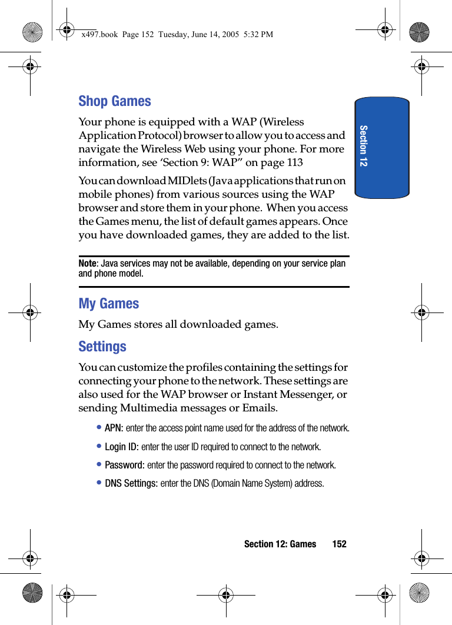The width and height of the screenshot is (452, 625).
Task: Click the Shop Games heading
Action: pos(115,101)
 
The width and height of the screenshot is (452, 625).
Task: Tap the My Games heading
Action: pos(109,304)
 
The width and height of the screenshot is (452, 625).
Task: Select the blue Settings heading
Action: pos(102,347)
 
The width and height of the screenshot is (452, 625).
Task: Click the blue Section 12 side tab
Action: pos(381,147)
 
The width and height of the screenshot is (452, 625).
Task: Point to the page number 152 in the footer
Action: pos(339,544)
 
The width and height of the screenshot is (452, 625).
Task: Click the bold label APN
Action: pos(114,428)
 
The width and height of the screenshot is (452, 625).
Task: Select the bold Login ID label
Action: pos(121,447)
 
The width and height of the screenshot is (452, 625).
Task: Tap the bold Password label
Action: pos(124,465)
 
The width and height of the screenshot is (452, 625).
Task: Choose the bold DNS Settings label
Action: pos(131,483)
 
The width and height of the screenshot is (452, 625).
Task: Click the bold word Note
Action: pos(87,263)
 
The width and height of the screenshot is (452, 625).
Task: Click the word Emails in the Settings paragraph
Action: pos(257,408)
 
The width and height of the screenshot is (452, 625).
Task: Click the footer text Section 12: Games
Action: pos(280,544)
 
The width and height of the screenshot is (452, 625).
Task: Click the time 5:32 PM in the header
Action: pos(259,34)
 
